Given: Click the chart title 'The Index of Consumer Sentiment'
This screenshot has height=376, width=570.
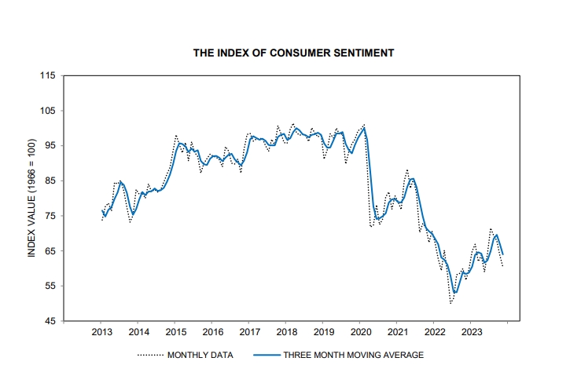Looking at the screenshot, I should [294, 53].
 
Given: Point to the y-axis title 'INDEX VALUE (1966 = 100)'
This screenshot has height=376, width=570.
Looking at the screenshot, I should [32, 198].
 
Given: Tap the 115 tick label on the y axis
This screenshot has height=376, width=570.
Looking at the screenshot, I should [47, 76].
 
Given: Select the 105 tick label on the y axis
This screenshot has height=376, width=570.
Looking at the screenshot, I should [47, 111].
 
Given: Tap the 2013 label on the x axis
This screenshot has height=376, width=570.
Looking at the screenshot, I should [101, 333].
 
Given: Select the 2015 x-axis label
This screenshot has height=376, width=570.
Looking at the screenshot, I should [175, 333].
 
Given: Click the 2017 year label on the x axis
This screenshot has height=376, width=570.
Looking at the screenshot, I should [249, 333].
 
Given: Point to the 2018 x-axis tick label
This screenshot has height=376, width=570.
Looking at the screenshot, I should [286, 333].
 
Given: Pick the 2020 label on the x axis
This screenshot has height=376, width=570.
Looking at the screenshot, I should [360, 333].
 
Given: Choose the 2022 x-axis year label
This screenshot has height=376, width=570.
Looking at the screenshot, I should [434, 333].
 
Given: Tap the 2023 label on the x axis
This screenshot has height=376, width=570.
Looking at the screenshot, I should [471, 333].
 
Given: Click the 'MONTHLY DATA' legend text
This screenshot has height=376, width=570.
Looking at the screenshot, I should [200, 356].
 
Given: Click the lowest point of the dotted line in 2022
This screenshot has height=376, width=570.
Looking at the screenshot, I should [451, 303].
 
